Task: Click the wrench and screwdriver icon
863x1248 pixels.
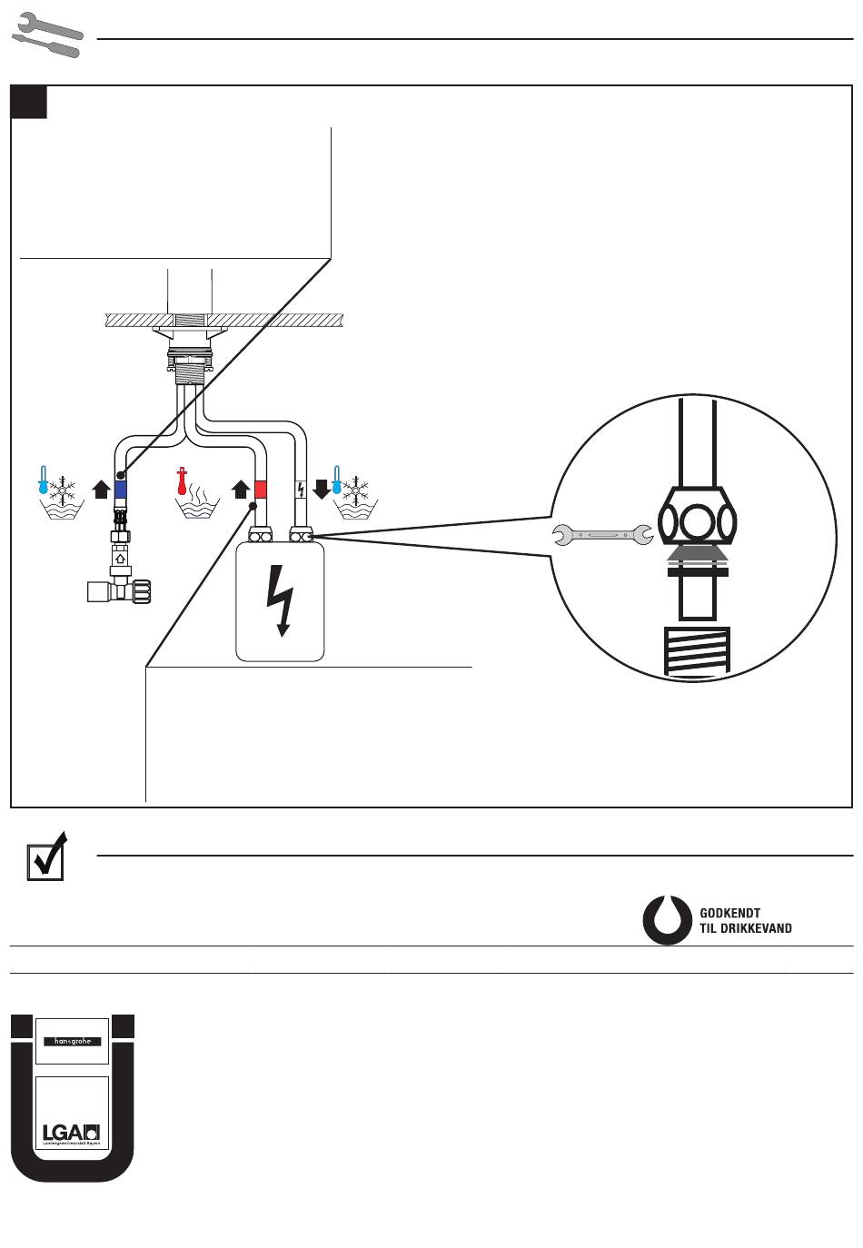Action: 47,35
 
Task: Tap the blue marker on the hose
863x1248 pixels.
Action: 121,490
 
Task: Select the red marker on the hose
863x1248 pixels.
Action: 261,490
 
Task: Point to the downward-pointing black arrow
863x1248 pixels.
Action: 321,490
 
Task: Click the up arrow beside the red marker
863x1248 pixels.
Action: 241,490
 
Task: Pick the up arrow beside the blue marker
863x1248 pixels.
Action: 101,490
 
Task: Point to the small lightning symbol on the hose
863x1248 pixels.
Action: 301,490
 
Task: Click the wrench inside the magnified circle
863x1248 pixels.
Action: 603,536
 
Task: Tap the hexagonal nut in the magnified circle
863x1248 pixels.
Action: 697,524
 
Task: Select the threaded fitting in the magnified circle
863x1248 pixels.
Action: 698,652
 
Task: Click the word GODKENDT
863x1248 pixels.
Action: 730,913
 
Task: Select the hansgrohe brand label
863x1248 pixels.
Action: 73,1042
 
